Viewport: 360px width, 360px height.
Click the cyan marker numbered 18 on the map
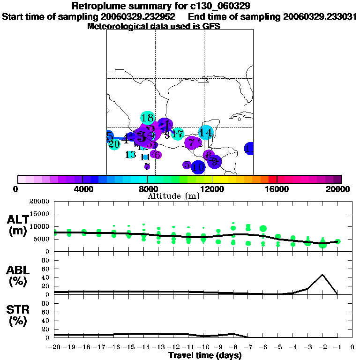(147, 118)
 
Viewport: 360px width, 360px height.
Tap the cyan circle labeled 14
(205, 133)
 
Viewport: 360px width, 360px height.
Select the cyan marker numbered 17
(178, 134)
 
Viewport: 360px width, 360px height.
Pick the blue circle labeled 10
(199, 167)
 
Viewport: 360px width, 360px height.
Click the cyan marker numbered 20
(114, 144)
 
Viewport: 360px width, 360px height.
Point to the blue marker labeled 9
(215, 162)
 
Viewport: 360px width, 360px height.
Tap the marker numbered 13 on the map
(131, 154)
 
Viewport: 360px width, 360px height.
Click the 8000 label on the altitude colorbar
(147, 189)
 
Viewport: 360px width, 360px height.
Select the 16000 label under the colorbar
(277, 189)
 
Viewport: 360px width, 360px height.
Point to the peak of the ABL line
(322, 275)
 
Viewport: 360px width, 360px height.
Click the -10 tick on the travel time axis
(203, 347)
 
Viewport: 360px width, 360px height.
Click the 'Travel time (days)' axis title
(205, 355)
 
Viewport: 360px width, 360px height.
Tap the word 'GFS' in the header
(211, 26)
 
